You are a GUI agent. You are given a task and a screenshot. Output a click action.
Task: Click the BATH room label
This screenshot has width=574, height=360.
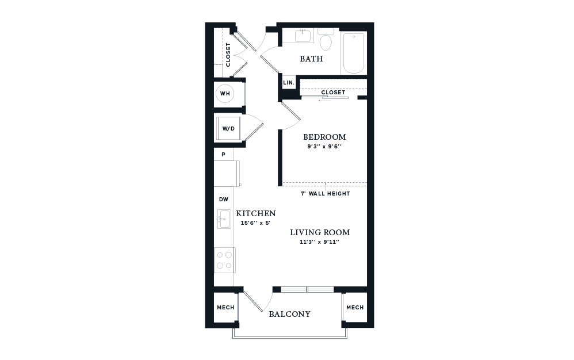(x=311, y=59)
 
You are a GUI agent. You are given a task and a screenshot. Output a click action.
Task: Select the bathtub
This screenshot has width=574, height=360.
(x=354, y=53)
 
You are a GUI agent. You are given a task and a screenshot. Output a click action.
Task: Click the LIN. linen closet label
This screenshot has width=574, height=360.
(x=288, y=83)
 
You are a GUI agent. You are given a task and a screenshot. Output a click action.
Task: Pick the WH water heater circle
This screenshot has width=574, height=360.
(x=224, y=93)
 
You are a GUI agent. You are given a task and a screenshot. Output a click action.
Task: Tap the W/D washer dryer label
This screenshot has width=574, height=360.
(x=228, y=128)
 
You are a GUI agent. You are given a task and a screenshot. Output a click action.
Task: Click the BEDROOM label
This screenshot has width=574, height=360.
(x=325, y=137)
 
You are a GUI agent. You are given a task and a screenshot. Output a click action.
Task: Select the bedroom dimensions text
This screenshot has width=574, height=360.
(x=325, y=146)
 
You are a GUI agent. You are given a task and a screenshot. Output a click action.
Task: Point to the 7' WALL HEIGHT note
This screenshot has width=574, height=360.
(x=325, y=194)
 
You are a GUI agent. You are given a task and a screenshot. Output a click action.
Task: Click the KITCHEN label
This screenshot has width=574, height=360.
(x=251, y=213)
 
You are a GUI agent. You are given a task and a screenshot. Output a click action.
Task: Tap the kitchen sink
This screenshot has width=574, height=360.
(x=224, y=219)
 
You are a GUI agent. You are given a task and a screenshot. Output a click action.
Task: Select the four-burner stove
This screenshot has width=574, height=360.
(x=224, y=259)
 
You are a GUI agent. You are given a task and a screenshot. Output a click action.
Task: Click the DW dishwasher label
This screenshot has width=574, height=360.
(x=223, y=199)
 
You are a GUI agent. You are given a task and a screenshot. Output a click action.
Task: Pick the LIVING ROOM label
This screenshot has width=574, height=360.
(x=320, y=232)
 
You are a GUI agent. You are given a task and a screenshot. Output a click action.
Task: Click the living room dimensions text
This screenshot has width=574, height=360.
(x=320, y=242)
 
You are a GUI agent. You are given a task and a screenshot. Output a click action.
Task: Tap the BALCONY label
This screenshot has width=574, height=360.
(x=290, y=314)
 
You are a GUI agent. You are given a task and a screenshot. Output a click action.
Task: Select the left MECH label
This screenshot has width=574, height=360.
(x=225, y=308)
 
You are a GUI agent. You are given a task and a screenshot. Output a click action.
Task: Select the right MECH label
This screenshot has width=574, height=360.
(x=355, y=308)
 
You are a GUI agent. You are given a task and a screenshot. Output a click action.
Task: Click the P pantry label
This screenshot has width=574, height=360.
(x=223, y=155)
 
